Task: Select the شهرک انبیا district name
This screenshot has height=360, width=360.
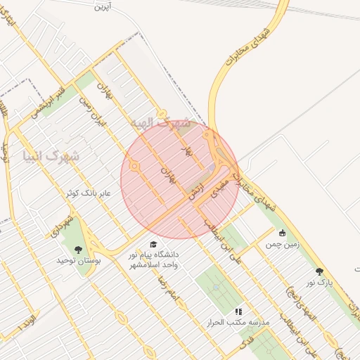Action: click(x=51, y=155)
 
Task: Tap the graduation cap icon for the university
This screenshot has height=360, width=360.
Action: click(x=153, y=243)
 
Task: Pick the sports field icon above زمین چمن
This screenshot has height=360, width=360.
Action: click(x=283, y=233)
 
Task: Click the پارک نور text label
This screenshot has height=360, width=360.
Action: click(x=318, y=282)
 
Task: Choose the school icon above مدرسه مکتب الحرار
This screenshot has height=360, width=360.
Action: click(x=238, y=310)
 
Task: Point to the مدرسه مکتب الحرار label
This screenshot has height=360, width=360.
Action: click(x=244, y=322)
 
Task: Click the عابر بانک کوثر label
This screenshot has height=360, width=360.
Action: click(x=88, y=192)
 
